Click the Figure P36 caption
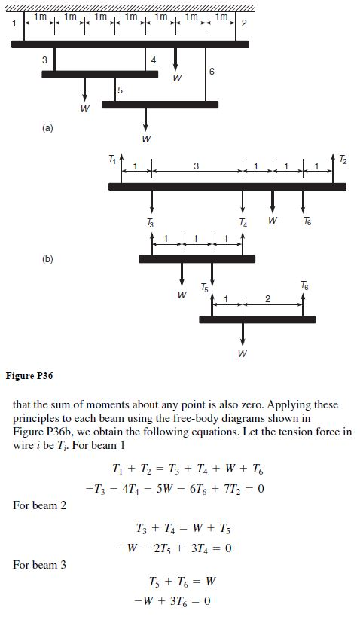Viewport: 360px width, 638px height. tap(29, 374)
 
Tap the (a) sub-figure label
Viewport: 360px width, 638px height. tap(47, 128)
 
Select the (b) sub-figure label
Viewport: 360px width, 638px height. tap(47, 258)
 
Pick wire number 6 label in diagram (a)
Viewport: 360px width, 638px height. tap(212, 72)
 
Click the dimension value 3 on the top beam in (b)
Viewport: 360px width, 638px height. tap(195, 166)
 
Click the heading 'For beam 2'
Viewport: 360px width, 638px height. tap(39, 505)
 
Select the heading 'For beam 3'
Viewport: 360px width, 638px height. tap(39, 564)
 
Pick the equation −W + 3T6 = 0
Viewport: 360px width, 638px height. tap(179, 602)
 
